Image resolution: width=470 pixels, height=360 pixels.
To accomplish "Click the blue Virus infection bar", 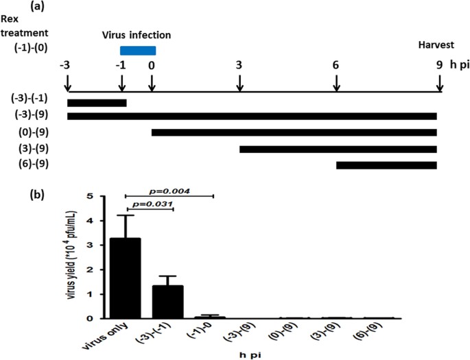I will click(137, 50).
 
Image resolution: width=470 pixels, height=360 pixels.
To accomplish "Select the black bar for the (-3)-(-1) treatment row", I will click(97, 103).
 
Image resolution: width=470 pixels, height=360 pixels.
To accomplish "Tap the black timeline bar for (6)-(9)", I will click(386, 165).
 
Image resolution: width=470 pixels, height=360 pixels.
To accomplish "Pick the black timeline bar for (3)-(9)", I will click(338, 149).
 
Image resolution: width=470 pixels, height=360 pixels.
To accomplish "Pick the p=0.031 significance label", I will click(150, 204).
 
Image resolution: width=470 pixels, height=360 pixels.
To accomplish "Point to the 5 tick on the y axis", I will click(100, 196).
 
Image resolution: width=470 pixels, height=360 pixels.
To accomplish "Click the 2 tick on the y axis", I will click(100, 269).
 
